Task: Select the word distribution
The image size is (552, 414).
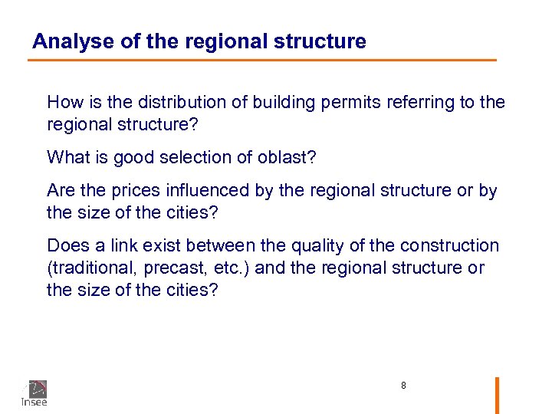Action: (x=176, y=102)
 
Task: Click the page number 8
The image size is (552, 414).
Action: (x=403, y=386)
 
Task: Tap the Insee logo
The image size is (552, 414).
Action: (x=34, y=393)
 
